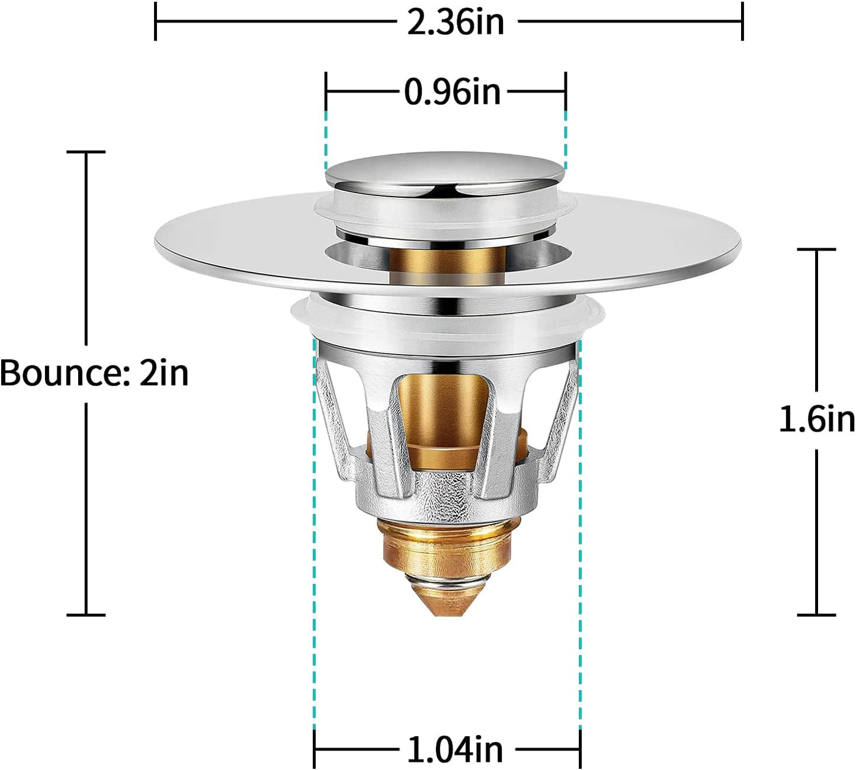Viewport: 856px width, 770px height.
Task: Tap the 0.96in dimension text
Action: (x=452, y=92)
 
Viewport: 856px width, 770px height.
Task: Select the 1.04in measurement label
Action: (x=454, y=750)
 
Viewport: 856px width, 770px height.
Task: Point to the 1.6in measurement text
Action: (x=816, y=419)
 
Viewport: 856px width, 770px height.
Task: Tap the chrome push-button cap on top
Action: (x=444, y=169)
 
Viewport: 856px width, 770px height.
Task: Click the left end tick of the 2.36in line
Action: (x=155, y=21)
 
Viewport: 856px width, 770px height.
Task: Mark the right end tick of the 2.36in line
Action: (x=742, y=21)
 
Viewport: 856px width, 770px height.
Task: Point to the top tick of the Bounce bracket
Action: (x=86, y=152)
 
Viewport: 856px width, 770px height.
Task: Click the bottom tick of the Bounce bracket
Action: (x=86, y=615)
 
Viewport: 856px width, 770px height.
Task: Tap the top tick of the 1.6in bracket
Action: (x=816, y=249)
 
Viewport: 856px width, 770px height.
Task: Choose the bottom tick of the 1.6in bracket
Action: (x=816, y=615)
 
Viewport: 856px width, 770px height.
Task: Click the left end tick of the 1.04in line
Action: (x=314, y=750)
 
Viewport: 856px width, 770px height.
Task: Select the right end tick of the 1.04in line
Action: (x=580, y=750)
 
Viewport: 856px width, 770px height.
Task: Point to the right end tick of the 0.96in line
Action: (x=565, y=92)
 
